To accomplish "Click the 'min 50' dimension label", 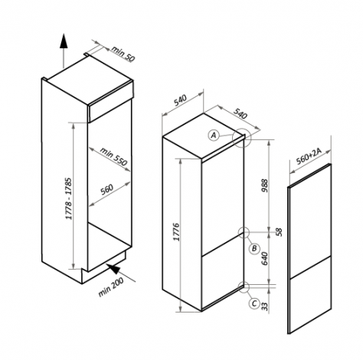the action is (123, 54).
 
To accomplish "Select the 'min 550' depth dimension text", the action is (113, 156).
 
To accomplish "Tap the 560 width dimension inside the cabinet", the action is (106, 189).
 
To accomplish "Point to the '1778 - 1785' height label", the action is (69, 198).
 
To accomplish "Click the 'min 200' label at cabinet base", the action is (111, 287).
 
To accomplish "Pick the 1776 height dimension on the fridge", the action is (177, 232).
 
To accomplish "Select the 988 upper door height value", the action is (265, 186).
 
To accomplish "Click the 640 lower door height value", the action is (265, 258).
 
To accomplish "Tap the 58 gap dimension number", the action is (280, 232).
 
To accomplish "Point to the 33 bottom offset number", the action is (266, 306).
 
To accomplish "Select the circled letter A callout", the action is (214, 135).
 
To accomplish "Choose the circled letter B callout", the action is (254, 248).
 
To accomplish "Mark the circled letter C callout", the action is (254, 303).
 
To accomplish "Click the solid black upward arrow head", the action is (64, 41).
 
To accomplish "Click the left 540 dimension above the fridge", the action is (181, 100).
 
